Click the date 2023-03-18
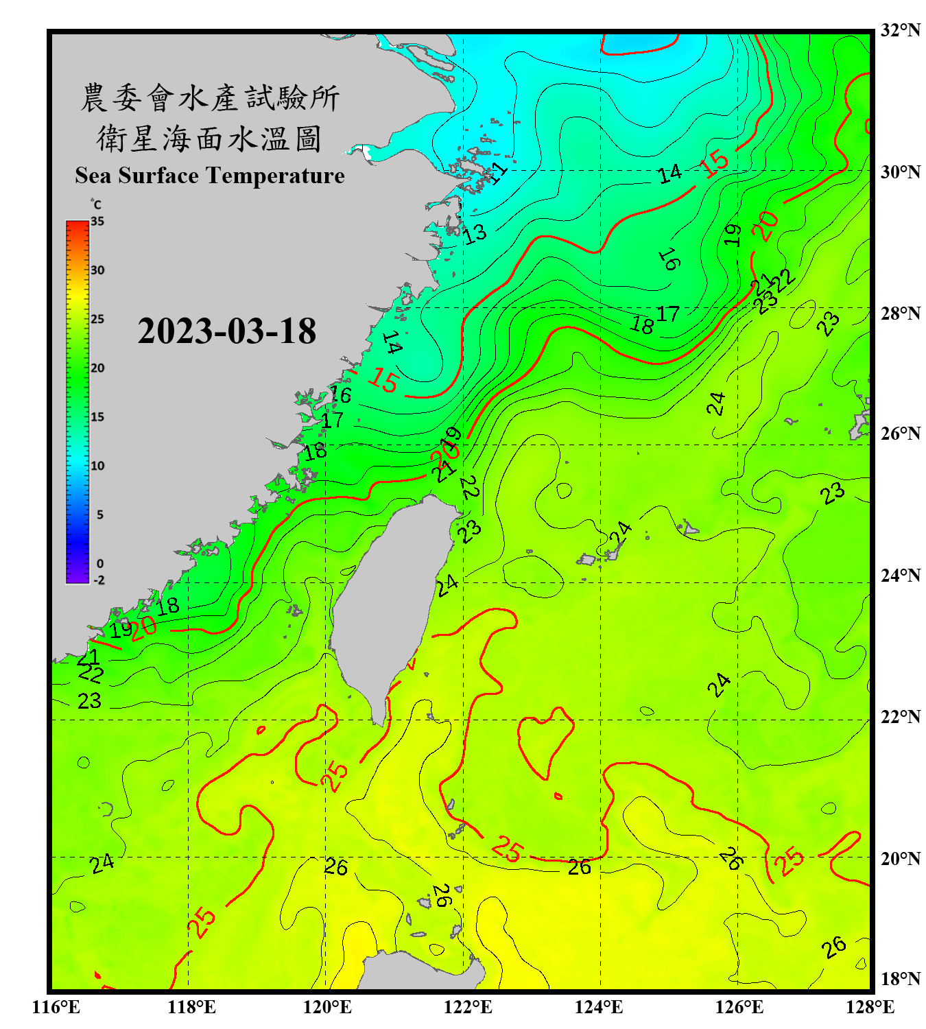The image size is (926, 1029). pyautogui.click(x=226, y=331)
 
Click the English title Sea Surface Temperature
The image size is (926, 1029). pyautogui.click(x=210, y=176)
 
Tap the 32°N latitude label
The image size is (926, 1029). pyautogui.click(x=900, y=30)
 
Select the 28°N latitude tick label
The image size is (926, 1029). pyautogui.click(x=900, y=314)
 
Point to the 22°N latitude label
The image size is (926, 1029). pyautogui.click(x=900, y=717)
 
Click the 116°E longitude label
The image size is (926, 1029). pyautogui.click(x=56, y=1007)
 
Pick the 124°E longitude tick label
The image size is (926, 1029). pyautogui.click(x=599, y=1007)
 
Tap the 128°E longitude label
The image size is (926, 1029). pyautogui.click(x=870, y=1007)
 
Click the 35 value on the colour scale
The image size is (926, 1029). pyautogui.click(x=97, y=222)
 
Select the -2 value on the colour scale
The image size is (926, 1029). pyautogui.click(x=99, y=580)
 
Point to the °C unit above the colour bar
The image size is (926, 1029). pyautogui.click(x=96, y=204)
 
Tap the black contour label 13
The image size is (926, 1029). pyautogui.click(x=475, y=234)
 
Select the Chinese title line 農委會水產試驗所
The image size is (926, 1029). pyautogui.click(x=210, y=98)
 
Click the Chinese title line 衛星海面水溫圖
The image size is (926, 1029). pyautogui.click(x=210, y=139)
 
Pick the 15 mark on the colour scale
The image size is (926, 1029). pyautogui.click(x=97, y=417)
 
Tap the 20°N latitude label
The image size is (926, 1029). pyautogui.click(x=900, y=858)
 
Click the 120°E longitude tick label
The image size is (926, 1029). pyautogui.click(x=327, y=1007)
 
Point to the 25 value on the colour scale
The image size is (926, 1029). pyautogui.click(x=97, y=319)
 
